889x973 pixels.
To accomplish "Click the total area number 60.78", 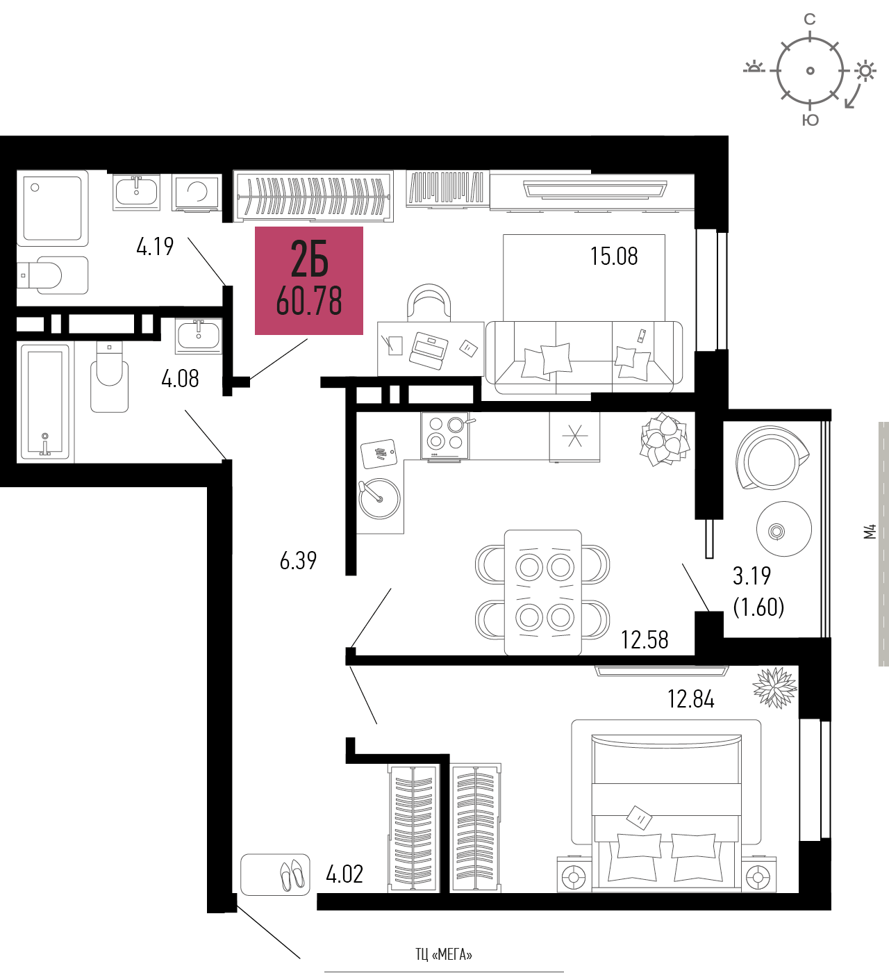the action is [x=309, y=301].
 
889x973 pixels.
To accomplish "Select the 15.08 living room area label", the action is [x=614, y=256].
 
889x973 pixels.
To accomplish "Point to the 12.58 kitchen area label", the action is [x=645, y=640].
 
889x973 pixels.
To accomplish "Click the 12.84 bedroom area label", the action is [x=691, y=699].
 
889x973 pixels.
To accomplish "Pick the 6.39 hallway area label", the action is [x=298, y=560].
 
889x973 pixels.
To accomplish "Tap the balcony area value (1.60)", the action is [x=758, y=607].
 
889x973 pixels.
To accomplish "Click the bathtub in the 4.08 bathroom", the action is [x=44, y=402].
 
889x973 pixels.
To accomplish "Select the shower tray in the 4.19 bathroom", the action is [x=52, y=208].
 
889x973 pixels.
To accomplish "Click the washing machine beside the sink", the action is [x=197, y=193].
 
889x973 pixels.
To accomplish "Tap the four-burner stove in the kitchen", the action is [x=445, y=435].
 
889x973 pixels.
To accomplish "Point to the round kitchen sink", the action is [x=379, y=498].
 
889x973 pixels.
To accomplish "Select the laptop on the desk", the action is [x=429, y=350].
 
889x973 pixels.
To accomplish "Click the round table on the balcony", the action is [x=784, y=529].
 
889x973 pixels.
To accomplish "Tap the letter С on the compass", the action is [x=810, y=19].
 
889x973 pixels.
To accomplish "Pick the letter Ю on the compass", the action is [x=811, y=120].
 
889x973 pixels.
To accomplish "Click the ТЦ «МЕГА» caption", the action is [x=444, y=954].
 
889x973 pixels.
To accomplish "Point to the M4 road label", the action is [x=870, y=532].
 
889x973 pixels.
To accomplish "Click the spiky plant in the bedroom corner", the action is [x=774, y=688].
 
